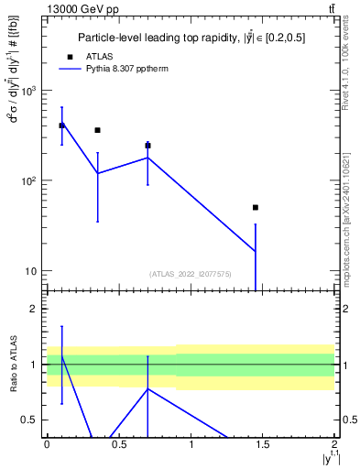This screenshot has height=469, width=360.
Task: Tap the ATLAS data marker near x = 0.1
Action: click(x=61, y=125)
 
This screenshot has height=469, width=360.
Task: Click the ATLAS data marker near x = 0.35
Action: click(x=97, y=130)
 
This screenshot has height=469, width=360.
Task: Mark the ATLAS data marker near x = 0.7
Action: click(x=147, y=146)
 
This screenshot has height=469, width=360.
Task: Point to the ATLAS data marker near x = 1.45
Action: click(x=256, y=207)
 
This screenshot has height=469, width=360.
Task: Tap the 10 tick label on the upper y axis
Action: click(x=31, y=271)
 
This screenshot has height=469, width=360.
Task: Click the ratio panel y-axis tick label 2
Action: click(x=36, y=309)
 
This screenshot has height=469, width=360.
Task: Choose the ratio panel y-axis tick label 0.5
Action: click(x=31, y=420)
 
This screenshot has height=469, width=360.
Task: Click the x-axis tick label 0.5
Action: click(x=118, y=444)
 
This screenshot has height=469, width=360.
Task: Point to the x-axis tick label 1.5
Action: click(x=263, y=444)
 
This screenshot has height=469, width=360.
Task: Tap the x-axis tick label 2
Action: click(x=334, y=444)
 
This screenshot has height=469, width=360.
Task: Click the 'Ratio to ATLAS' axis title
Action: click(x=12, y=365)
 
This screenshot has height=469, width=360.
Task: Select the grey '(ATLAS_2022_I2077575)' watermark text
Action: click(x=191, y=273)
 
